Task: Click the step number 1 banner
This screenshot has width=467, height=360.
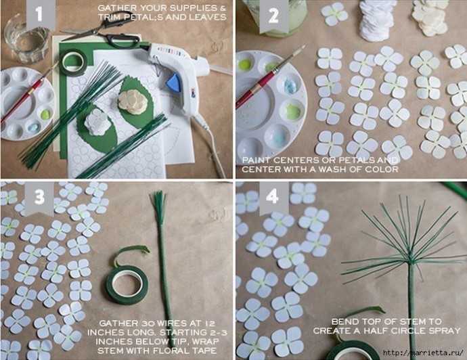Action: tap(41, 14)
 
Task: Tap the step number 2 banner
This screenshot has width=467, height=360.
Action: tap(274, 16)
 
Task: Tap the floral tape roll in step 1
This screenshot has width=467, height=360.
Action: tap(73, 62)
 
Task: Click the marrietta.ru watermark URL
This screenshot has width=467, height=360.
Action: tap(424, 353)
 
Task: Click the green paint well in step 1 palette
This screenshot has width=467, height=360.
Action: tap(45, 114)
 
